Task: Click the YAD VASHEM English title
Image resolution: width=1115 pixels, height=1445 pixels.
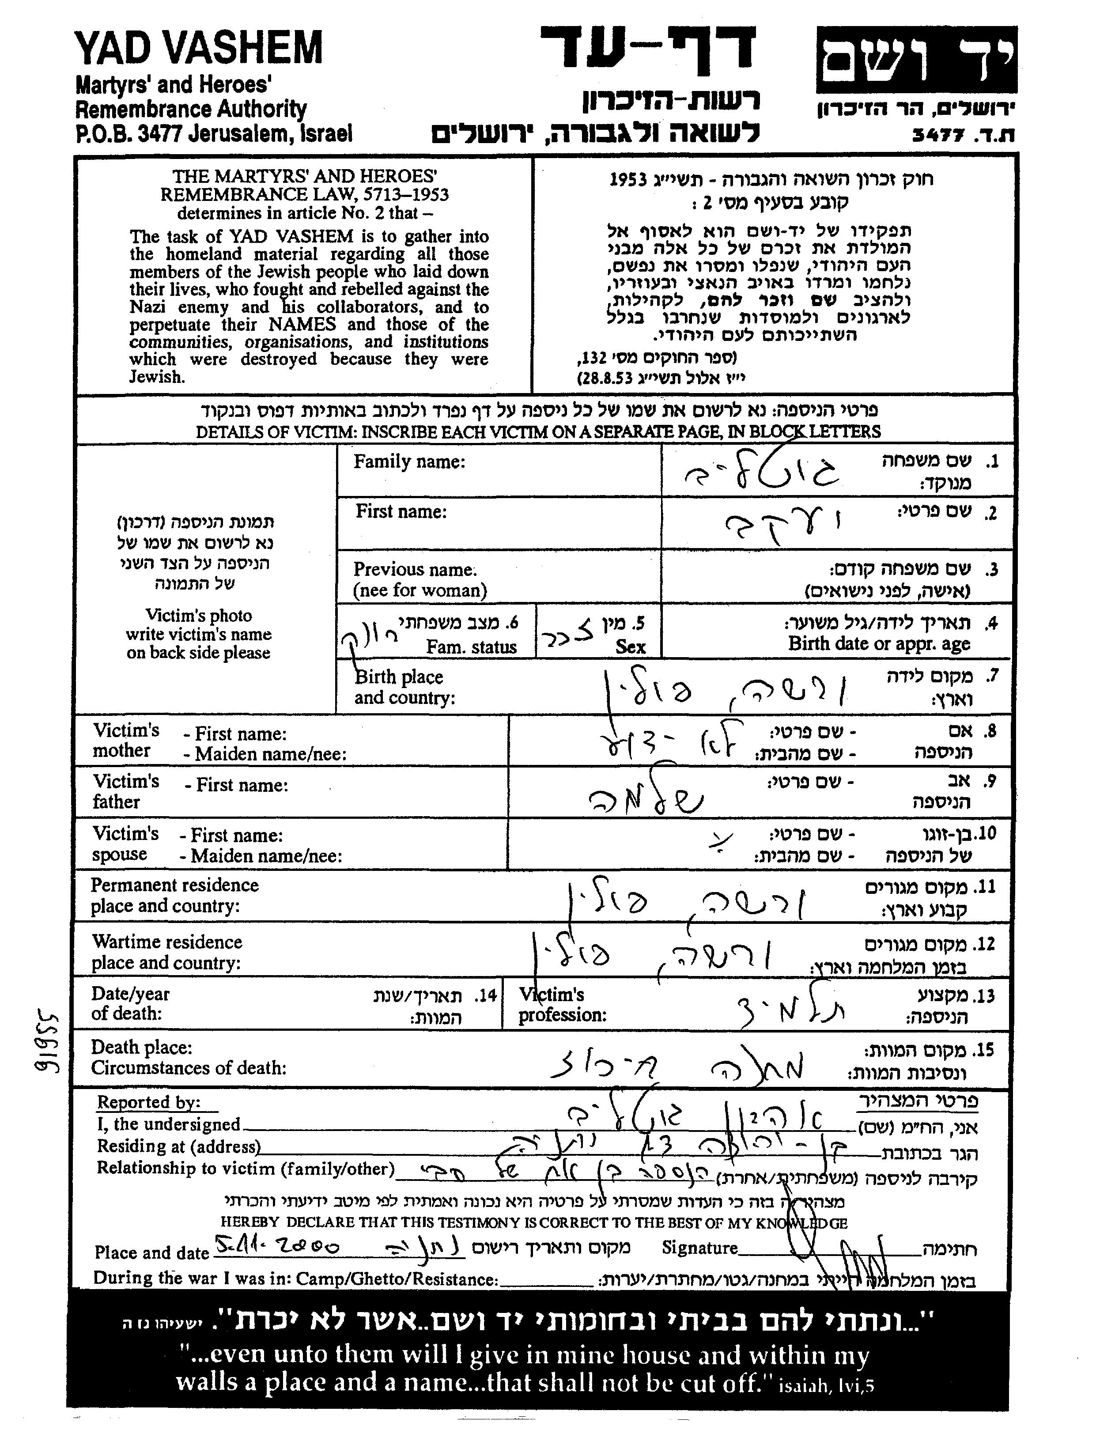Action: tap(199, 48)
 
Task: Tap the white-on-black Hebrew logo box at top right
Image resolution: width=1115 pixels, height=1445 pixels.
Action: tap(916, 60)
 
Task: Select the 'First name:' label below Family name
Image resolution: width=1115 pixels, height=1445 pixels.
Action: tap(401, 511)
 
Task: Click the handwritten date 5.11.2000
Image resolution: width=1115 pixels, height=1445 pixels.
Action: tap(278, 1247)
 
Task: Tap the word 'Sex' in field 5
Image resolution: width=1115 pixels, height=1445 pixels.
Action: tap(630, 647)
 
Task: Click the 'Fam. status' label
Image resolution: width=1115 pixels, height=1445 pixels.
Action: tap(471, 647)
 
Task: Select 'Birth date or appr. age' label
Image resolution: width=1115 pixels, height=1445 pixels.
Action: tap(879, 643)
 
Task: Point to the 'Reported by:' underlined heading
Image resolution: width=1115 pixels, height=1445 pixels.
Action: tap(148, 1101)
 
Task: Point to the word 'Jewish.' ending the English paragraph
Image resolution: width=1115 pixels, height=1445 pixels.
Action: tap(157, 377)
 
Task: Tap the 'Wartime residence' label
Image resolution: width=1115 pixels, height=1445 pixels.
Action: tap(167, 942)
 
